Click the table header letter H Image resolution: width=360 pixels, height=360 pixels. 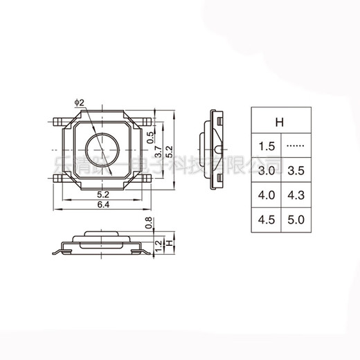coord(280,123)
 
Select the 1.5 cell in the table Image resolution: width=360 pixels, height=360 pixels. coord(267,147)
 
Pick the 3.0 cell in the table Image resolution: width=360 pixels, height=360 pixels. coord(267,171)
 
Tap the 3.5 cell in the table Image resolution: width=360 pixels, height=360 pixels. coord(296,171)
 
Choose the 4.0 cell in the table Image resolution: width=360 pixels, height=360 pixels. coord(267,195)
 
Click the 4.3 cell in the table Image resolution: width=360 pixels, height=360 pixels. coord(296,195)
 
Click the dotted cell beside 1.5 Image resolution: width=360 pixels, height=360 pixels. coord(296,147)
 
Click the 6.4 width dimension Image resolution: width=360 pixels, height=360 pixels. coord(102,205)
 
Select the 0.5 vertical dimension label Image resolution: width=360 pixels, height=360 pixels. coord(150,138)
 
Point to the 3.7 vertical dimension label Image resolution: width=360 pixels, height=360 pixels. coord(159,152)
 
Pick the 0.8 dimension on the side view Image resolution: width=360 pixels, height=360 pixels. coord(148,223)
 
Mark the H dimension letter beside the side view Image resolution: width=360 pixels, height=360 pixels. coord(170,243)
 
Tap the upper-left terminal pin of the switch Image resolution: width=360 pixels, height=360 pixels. coord(58,121)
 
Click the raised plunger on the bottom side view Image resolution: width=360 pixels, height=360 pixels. coord(102,233)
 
